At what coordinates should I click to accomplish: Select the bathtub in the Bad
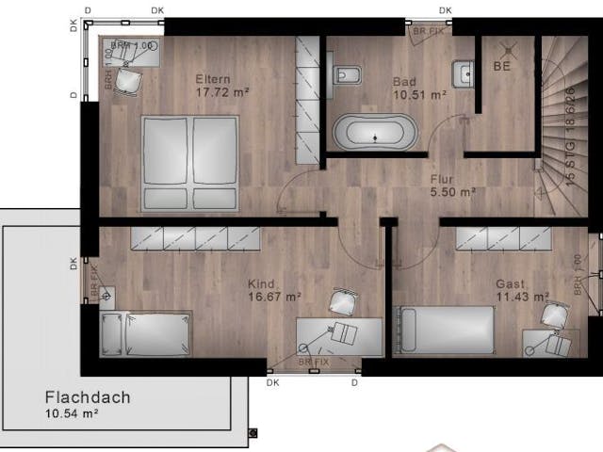(374, 132)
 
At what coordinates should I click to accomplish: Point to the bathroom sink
(462, 73)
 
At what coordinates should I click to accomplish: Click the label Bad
(404, 82)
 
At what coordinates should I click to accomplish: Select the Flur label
(442, 178)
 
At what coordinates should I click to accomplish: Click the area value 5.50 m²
(452, 191)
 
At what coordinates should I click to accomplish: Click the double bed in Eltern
(189, 163)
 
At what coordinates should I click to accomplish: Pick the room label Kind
(261, 283)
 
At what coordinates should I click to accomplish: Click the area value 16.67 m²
(274, 297)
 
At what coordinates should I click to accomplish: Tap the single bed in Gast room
(443, 330)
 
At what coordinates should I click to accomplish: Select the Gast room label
(512, 283)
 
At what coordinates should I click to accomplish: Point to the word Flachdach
(87, 396)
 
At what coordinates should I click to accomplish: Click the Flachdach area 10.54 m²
(72, 413)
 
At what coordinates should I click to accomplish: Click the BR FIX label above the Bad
(430, 30)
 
